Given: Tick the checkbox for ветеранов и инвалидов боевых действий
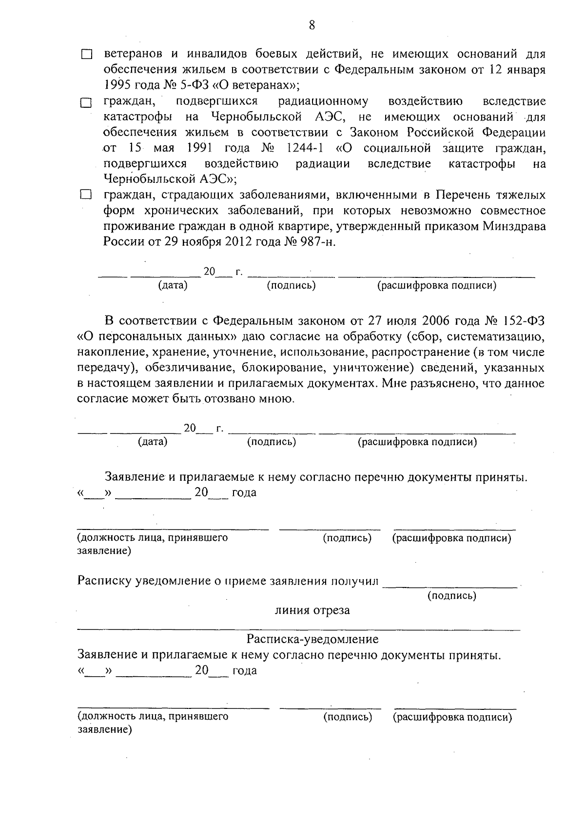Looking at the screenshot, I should (86, 55).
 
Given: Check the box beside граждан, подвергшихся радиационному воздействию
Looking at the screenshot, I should (86, 103).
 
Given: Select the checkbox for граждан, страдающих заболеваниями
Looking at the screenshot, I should (86, 196).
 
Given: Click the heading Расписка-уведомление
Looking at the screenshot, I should (312, 639).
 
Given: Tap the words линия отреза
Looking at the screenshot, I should (312, 610).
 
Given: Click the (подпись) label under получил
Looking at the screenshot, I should (452, 596).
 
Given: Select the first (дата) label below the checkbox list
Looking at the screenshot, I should (173, 286).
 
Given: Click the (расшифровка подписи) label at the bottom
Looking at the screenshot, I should (452, 717).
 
